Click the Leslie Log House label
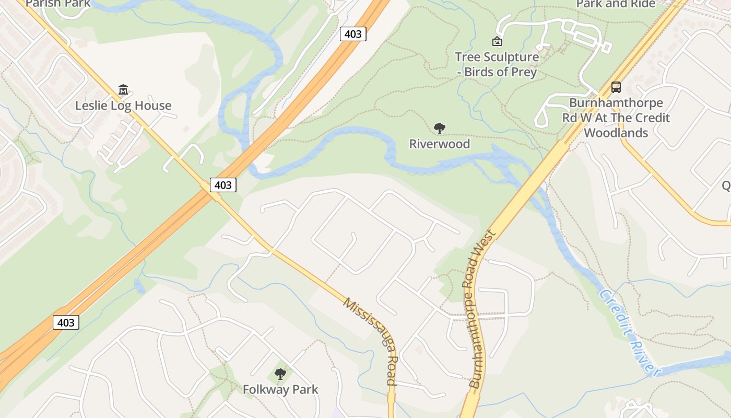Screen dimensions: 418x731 click(123, 106)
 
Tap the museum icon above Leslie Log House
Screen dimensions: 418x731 click(123, 90)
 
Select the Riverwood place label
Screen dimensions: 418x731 click(440, 144)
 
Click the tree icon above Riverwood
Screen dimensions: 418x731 click(440, 128)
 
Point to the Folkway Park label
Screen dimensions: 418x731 click(280, 389)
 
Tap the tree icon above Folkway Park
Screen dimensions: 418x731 click(280, 374)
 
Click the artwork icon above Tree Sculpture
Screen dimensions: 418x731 click(497, 41)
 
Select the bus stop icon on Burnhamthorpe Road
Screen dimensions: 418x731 click(616, 87)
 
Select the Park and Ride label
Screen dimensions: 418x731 click(616, 4)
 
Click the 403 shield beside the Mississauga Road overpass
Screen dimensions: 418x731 click(223, 184)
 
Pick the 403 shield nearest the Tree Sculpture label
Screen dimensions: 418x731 click(353, 34)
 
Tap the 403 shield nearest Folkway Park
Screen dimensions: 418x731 click(66, 322)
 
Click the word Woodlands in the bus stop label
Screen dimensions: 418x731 click(616, 133)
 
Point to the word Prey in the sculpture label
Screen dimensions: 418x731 click(521, 72)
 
